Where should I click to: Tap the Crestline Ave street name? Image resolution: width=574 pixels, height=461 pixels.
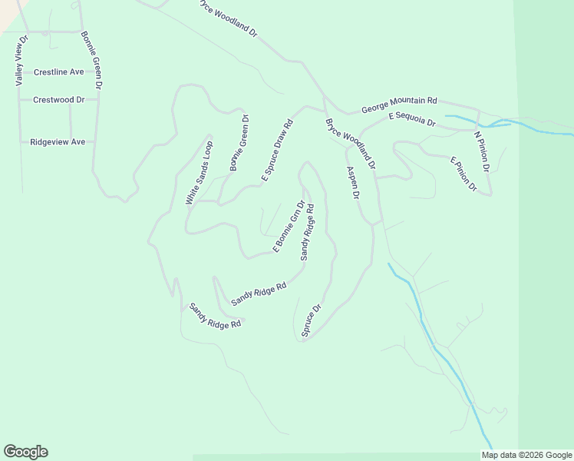59,72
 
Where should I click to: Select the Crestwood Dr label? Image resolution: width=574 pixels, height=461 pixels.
58,100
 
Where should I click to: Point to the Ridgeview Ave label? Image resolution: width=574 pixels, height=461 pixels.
58,142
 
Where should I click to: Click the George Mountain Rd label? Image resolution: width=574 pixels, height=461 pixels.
399,104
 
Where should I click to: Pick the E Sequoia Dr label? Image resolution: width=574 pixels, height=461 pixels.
412,118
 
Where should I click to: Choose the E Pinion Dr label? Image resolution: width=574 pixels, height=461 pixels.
463,174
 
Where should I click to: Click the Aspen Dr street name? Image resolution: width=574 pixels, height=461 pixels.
353,184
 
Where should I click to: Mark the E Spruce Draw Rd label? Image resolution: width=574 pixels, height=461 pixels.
277,151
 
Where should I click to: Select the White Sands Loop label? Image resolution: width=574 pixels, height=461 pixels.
200,173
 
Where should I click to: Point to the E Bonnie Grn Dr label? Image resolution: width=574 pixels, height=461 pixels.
289,227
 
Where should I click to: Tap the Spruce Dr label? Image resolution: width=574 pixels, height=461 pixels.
311,320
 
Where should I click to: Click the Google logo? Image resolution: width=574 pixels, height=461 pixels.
25,452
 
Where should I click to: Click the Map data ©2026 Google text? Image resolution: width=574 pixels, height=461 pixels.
526,455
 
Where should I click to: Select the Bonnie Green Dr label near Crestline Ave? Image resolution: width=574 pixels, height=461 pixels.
97,61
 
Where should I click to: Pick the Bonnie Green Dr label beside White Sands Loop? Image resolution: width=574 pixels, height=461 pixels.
239,144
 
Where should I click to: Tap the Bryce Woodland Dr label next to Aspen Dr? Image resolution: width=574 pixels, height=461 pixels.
351,144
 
